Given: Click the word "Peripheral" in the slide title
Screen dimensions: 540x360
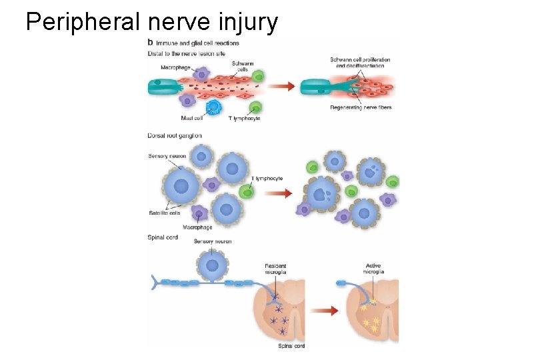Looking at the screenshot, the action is [83, 22].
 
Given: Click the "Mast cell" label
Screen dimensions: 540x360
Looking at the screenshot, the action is [192, 119].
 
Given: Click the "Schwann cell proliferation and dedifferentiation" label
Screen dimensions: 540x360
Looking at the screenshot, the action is [360, 63].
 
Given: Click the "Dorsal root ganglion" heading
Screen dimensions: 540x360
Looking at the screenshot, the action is [175, 136].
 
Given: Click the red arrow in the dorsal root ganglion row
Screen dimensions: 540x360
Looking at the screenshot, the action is [279, 193].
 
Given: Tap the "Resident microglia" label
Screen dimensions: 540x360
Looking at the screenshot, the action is [275, 269].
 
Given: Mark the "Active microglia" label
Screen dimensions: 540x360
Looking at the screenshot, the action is [373, 269].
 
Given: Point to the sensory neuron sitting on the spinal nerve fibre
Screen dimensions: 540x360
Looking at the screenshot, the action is [212, 265].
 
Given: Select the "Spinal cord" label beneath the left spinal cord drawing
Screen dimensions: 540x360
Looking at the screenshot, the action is [291, 346].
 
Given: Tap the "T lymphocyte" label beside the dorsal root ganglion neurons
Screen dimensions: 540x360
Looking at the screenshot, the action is [267, 179].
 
